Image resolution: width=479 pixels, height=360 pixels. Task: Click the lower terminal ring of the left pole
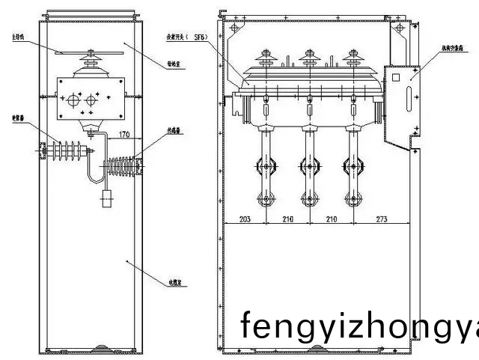click(266, 199)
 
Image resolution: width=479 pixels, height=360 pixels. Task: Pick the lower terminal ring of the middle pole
click(308, 199)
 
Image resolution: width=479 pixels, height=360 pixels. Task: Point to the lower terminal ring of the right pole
click(349, 199)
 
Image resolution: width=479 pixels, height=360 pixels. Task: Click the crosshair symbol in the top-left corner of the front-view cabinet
click(234, 28)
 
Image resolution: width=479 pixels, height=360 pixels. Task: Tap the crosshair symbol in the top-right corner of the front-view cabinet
click(403, 28)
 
